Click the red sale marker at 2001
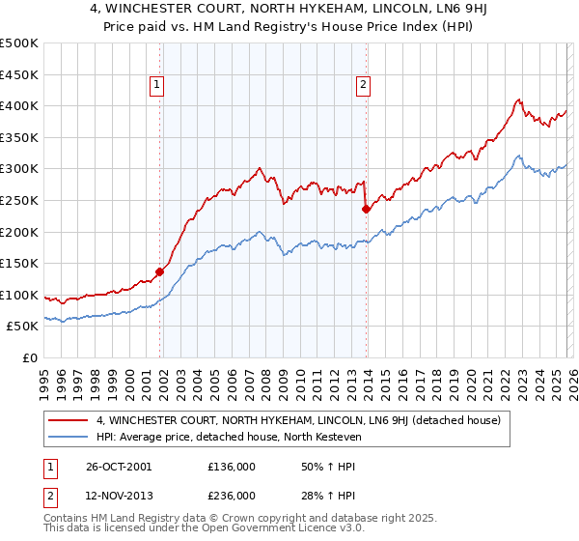point(160,271)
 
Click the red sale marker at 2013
point(366,209)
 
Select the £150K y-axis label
point(19,263)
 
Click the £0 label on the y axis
point(29,357)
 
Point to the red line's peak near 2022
point(518,99)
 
